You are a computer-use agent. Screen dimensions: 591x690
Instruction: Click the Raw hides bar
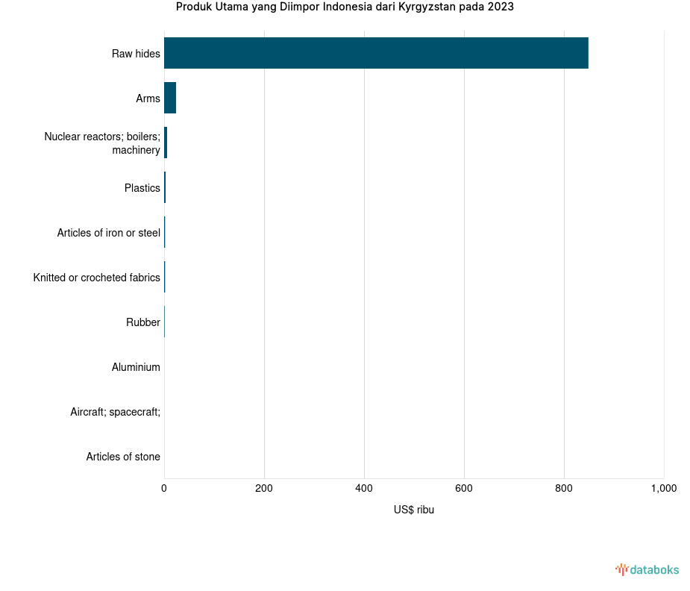[376, 53]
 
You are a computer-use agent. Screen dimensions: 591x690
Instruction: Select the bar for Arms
[170, 98]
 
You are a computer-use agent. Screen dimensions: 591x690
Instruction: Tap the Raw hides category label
[136, 54]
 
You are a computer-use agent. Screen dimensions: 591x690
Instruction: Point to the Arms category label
[148, 98]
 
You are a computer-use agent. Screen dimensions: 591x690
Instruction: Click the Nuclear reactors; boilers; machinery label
[102, 143]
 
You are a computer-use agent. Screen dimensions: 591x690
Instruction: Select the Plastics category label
[142, 188]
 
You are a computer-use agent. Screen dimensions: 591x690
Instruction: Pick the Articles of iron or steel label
[108, 233]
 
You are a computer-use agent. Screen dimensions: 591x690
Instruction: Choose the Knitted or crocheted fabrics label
[96, 278]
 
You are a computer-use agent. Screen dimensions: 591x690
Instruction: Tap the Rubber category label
[142, 322]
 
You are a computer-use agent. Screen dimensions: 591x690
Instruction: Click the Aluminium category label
[136, 367]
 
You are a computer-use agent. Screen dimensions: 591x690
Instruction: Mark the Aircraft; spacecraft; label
[115, 412]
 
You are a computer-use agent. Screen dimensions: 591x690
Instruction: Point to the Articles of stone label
[122, 457]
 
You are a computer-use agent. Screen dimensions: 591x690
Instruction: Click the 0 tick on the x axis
[164, 489]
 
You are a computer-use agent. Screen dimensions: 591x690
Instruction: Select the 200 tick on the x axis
[264, 489]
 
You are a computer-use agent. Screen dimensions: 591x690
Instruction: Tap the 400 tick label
[364, 489]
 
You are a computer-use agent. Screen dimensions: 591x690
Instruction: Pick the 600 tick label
[464, 489]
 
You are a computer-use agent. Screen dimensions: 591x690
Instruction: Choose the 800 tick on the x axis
[564, 489]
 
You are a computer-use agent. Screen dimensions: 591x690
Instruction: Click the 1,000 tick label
[663, 489]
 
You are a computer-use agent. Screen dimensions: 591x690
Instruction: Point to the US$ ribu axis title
[414, 510]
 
